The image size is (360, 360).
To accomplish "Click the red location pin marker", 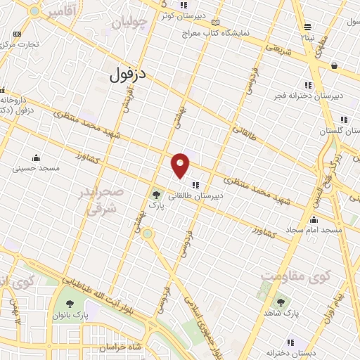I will point(181,165).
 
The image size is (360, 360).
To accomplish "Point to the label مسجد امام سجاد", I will point(314,230).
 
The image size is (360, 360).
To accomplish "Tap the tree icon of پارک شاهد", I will point(281,302).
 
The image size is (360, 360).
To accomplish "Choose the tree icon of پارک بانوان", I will point(70,304).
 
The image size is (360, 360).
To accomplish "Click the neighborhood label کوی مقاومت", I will point(290,276).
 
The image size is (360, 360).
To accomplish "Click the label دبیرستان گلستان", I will point(321,131).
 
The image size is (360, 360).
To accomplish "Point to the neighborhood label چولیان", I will point(130,22).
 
